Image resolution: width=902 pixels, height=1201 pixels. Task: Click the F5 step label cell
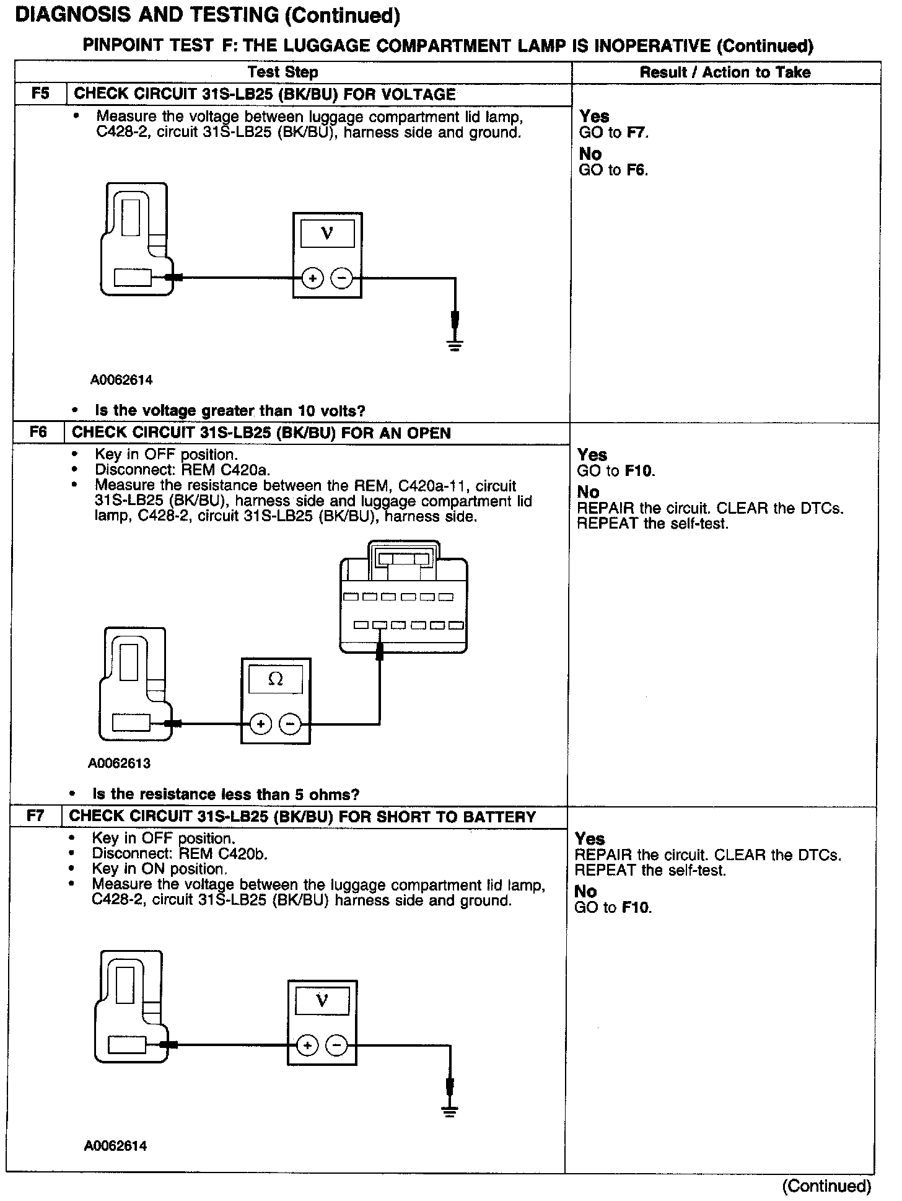[x=40, y=95]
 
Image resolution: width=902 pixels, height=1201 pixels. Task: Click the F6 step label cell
[x=38, y=433]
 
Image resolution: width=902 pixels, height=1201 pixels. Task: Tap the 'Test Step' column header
[x=283, y=73]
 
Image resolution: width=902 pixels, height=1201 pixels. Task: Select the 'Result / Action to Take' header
[x=725, y=73]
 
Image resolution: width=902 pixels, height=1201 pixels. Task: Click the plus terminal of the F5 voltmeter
[x=312, y=278]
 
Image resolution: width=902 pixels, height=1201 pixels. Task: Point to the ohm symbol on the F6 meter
[x=276, y=679]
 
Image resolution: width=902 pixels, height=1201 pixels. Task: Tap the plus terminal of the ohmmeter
[x=261, y=723]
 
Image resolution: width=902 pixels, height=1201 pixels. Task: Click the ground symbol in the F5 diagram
[x=455, y=345]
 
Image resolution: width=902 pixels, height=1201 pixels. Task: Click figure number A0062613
[x=119, y=763]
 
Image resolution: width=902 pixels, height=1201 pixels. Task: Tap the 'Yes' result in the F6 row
[x=592, y=455]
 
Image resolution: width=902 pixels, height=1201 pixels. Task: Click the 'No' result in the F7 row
[x=585, y=891]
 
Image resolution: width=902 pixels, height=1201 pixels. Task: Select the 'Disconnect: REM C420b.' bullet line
[x=180, y=854]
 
